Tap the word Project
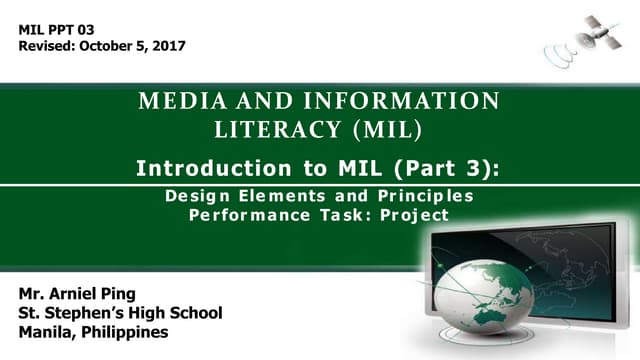pyautogui.click(x=414, y=215)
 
